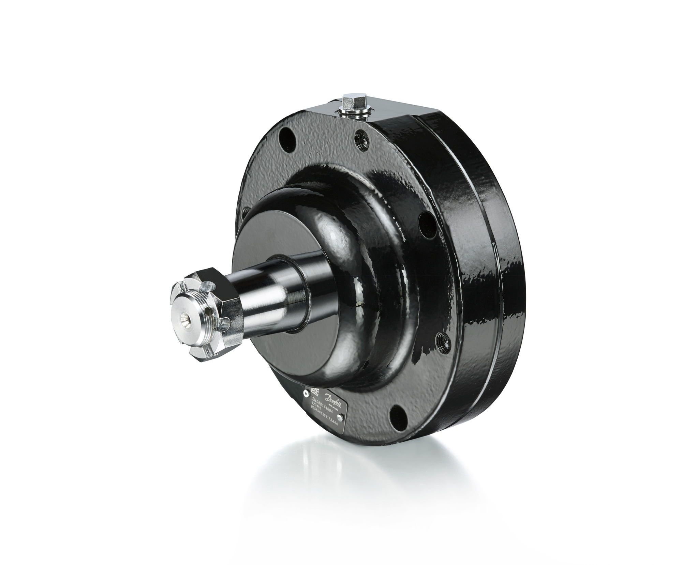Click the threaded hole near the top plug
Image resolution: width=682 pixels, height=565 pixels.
tap(360, 138)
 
